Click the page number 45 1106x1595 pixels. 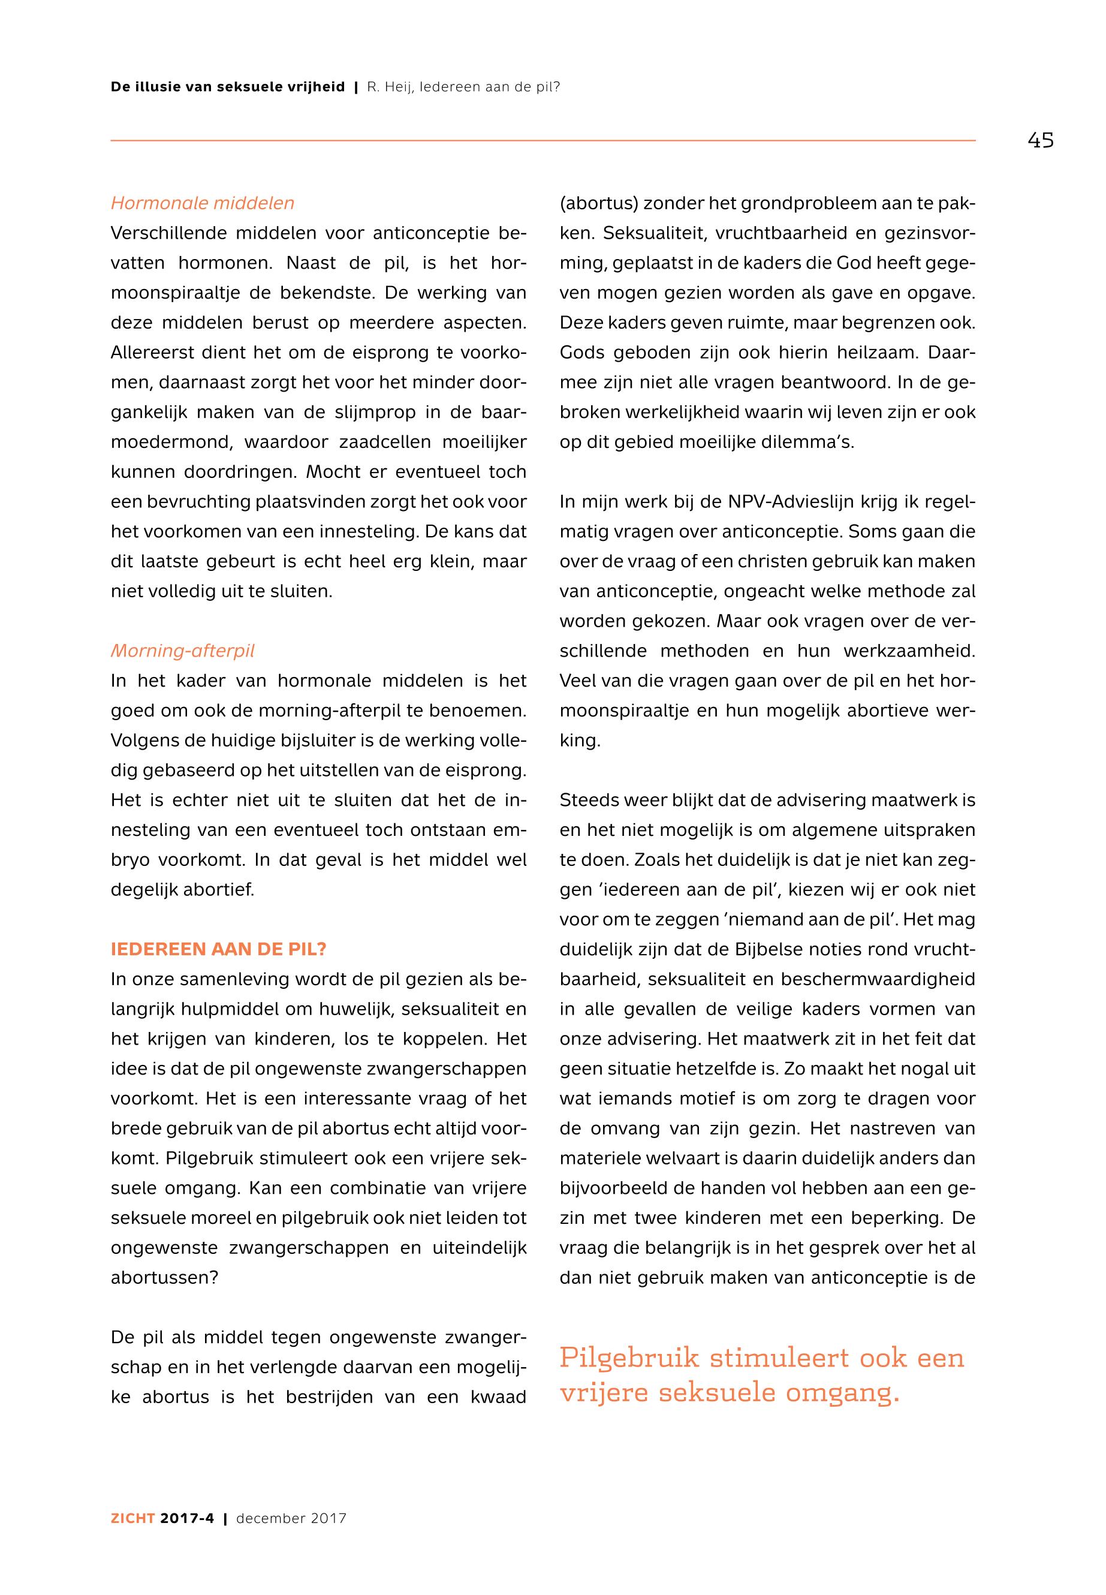pyautogui.click(x=1040, y=141)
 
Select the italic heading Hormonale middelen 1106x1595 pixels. pyautogui.click(x=203, y=203)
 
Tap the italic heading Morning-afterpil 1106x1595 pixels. pyautogui.click(x=182, y=651)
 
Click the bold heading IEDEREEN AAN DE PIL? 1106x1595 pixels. pyautogui.click(x=218, y=949)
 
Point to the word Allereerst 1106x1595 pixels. pyautogui.click(x=151, y=353)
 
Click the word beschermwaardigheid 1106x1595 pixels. pyautogui.click(x=878, y=979)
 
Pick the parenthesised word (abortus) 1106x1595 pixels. pyautogui.click(x=598, y=204)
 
